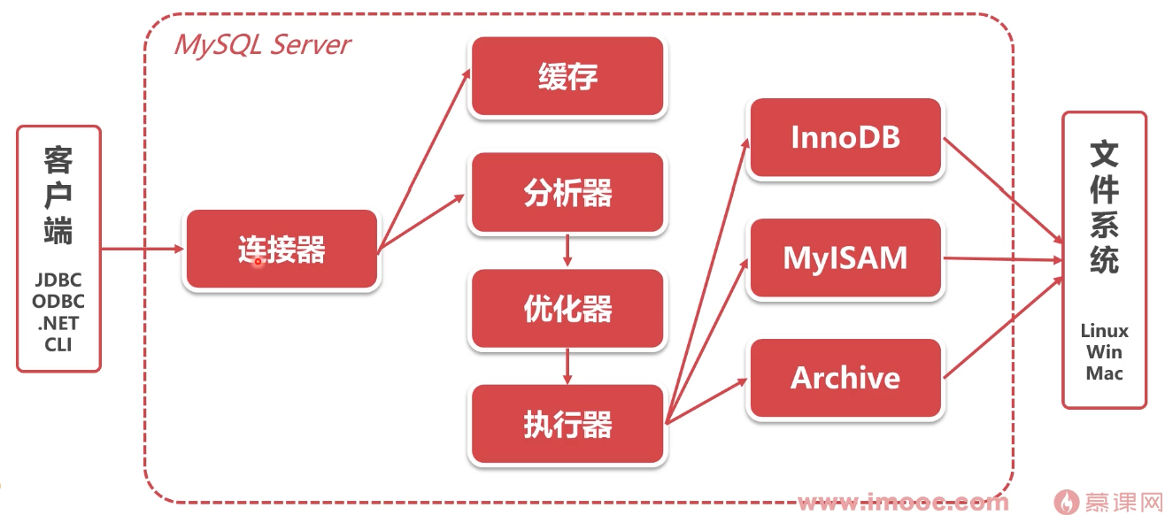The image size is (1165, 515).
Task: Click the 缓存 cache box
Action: [567, 77]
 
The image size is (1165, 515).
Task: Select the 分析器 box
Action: [567, 193]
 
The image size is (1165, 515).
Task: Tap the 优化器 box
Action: [567, 309]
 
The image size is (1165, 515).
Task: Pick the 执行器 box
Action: [567, 425]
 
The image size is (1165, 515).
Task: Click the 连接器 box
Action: [282, 250]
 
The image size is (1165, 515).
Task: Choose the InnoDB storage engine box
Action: [845, 137]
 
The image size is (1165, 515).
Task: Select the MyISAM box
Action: [845, 257]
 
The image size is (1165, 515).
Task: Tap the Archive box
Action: [845, 378]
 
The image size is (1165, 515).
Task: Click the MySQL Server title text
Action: [262, 44]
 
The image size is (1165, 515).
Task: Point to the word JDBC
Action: [58, 281]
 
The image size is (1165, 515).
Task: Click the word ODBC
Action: [58, 302]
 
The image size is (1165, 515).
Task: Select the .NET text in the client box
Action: [58, 323]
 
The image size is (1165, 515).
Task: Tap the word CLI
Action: [58, 344]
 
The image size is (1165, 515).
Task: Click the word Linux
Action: [1104, 331]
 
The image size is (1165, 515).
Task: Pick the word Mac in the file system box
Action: [1104, 373]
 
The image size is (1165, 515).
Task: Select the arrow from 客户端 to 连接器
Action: [142, 249]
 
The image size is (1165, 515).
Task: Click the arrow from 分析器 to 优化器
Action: [567, 251]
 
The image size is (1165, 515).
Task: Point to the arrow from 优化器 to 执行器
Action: [567, 367]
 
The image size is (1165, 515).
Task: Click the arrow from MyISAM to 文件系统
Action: [1000, 259]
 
